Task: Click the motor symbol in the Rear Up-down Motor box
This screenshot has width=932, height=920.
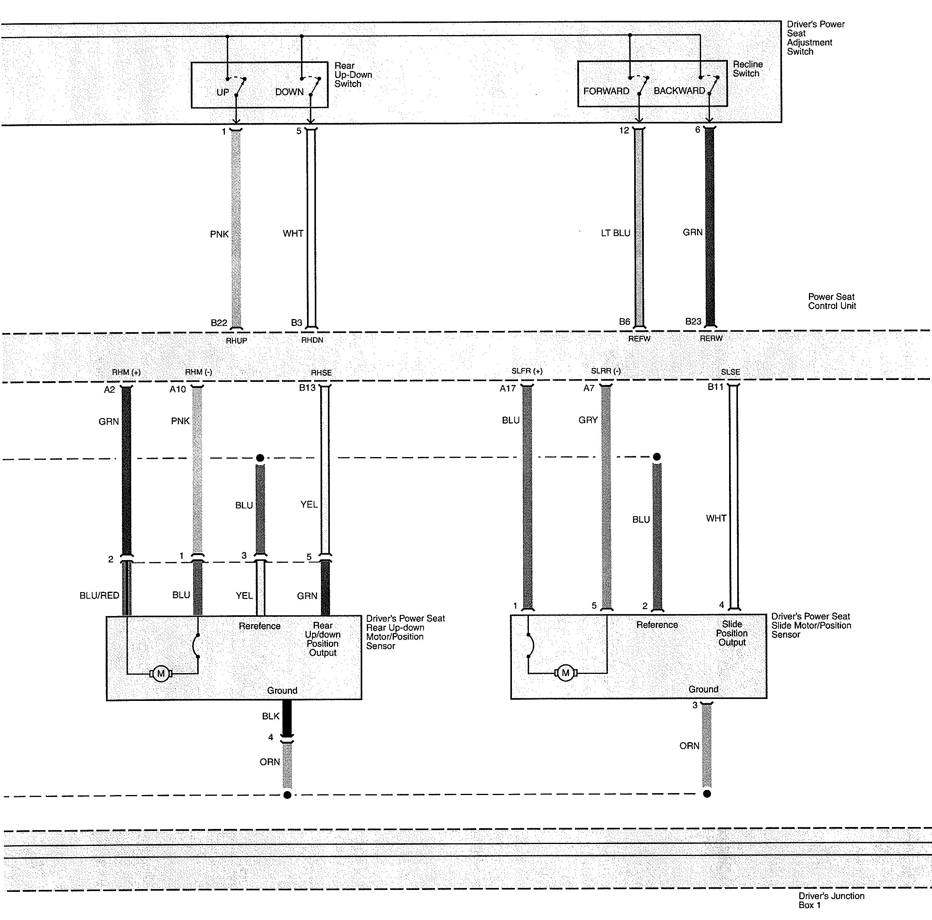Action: [160, 674]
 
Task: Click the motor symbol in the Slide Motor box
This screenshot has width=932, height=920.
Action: [566, 672]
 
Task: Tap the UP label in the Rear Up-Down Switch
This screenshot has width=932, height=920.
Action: [222, 92]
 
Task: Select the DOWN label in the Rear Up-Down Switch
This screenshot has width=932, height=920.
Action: [289, 92]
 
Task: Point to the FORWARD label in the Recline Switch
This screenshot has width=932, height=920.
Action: [606, 91]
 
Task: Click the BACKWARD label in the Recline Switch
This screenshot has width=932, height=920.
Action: [679, 91]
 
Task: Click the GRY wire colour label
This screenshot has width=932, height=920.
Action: [588, 420]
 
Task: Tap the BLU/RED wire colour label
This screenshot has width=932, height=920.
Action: [100, 595]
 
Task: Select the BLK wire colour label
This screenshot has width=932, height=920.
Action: [271, 716]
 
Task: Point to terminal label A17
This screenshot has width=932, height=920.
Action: [508, 388]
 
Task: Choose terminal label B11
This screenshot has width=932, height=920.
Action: [716, 387]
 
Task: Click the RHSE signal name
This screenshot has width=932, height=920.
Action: [321, 373]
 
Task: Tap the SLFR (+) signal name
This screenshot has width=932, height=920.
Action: [527, 371]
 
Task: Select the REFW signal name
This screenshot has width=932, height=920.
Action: [639, 339]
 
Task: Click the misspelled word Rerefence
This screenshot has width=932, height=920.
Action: [260, 626]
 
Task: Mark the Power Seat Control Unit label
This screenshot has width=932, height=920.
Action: [832, 301]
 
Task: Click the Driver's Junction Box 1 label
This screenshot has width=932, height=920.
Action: [831, 900]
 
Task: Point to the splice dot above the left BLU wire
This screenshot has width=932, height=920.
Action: [260, 457]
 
